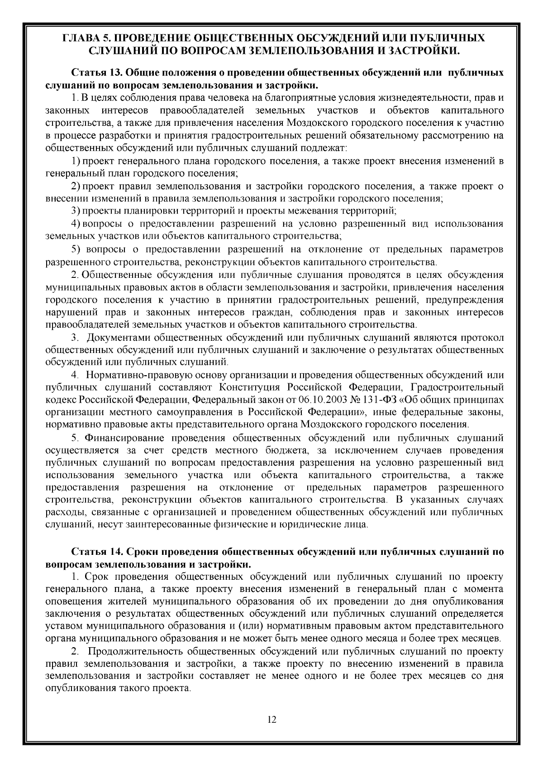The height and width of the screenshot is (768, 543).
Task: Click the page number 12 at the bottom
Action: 271,720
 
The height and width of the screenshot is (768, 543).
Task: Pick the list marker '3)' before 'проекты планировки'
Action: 76,211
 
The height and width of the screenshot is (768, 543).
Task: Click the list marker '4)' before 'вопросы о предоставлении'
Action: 76,224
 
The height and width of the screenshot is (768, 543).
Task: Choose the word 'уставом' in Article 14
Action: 62,626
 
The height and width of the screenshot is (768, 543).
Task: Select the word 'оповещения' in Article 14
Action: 68,601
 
